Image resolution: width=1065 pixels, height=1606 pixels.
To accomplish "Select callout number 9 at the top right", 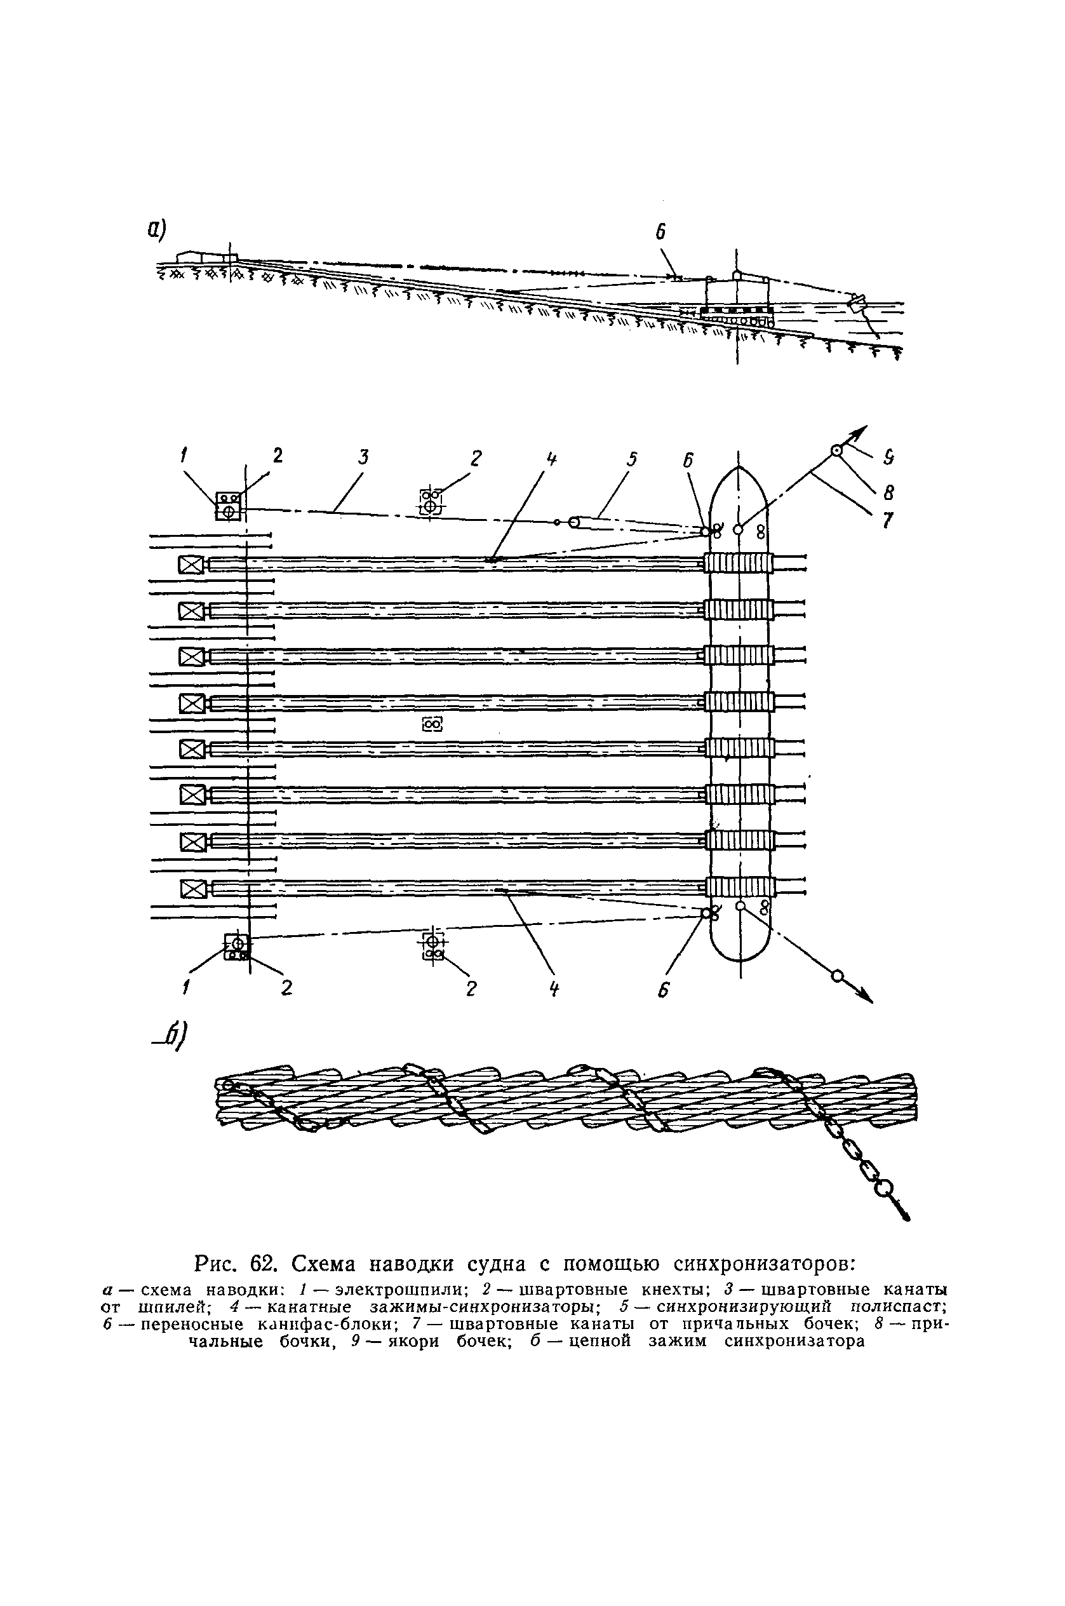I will (x=888, y=459).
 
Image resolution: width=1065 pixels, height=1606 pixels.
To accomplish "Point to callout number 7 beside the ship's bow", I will (x=888, y=520).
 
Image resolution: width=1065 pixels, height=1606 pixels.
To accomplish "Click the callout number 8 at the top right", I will (x=888, y=491).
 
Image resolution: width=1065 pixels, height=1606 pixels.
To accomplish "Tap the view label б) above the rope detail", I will (x=173, y=1038).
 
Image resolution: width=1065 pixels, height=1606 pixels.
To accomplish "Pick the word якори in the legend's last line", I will (x=406, y=1342).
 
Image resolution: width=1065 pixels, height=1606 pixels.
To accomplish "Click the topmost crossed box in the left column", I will (x=191, y=565).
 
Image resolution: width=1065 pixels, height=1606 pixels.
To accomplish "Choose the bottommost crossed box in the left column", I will (x=194, y=889).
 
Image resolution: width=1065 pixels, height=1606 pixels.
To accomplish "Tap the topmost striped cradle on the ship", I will (x=739, y=564).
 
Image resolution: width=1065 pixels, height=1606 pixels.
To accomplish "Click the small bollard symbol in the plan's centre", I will (x=432, y=725).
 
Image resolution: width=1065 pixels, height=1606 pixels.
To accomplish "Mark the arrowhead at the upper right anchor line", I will (x=861, y=431).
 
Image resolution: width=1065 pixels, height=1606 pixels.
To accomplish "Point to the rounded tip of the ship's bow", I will (x=739, y=469).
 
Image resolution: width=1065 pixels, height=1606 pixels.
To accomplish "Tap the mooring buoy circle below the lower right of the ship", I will (x=837, y=976).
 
